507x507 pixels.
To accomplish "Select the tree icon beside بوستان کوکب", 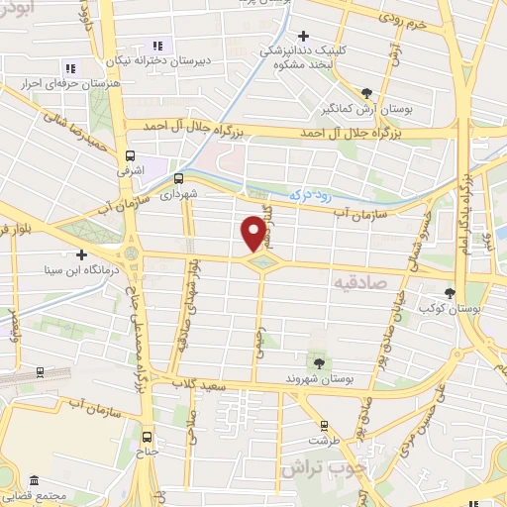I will tap(451, 293).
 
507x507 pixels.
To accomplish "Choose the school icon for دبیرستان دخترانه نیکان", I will tap(156, 46).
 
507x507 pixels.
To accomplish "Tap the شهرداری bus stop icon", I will tap(179, 179).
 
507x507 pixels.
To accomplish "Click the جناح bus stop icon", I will tap(148, 436).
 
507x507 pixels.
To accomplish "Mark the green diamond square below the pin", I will tap(260, 262).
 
